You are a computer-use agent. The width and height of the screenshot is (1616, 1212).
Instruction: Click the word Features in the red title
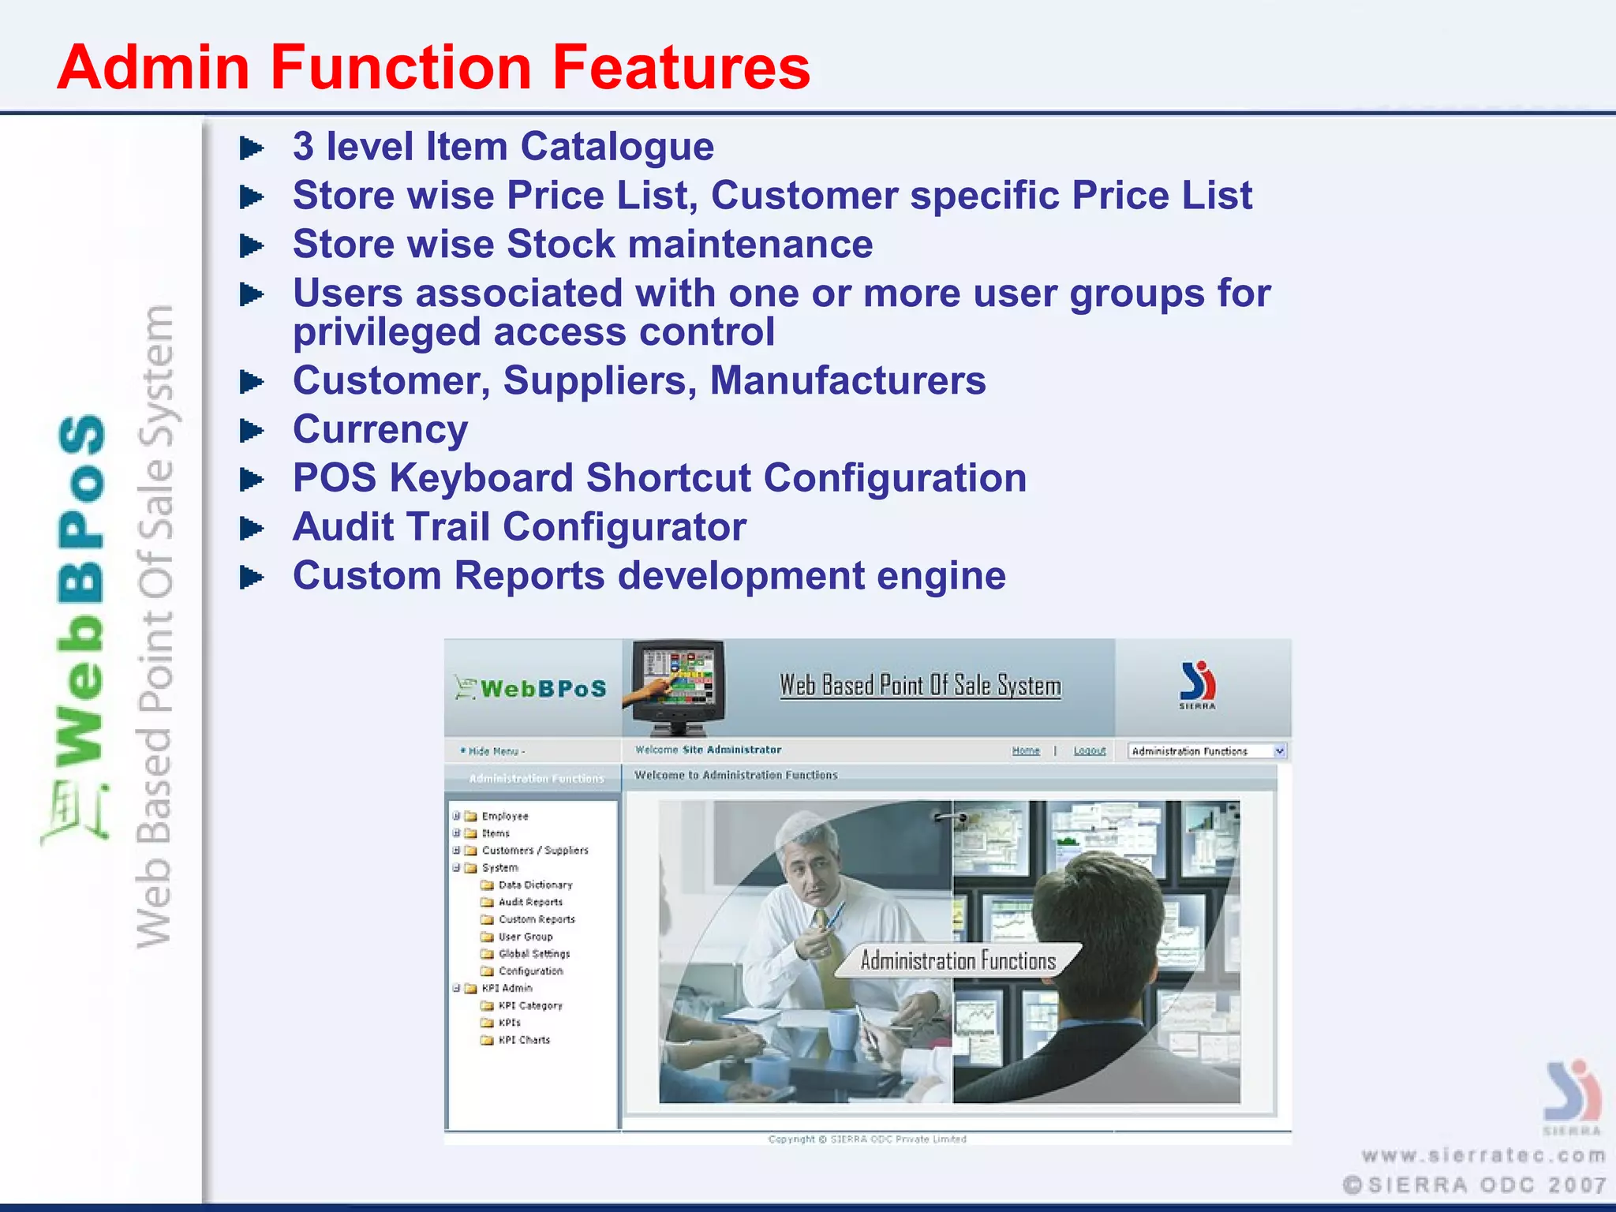click(x=680, y=67)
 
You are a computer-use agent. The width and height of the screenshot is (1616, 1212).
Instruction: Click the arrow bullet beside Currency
click(x=251, y=431)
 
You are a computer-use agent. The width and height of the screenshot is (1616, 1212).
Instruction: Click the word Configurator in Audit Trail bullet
click(x=624, y=527)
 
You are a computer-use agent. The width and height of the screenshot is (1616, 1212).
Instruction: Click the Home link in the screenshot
click(x=1025, y=750)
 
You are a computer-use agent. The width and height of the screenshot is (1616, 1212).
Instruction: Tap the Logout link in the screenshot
click(x=1089, y=750)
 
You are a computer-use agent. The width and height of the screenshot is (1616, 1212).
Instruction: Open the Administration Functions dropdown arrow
click(x=1279, y=751)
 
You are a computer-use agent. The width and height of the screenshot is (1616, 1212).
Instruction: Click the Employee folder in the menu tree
click(x=504, y=816)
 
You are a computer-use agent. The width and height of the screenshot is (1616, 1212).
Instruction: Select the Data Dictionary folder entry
click(x=534, y=885)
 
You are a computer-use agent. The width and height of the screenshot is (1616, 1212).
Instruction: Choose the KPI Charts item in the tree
click(x=523, y=1040)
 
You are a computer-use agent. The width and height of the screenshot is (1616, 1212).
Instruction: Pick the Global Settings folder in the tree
click(x=533, y=953)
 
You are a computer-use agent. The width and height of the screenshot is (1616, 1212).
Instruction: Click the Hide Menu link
click(x=495, y=751)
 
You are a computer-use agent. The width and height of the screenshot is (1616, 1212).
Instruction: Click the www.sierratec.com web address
click(x=1483, y=1155)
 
